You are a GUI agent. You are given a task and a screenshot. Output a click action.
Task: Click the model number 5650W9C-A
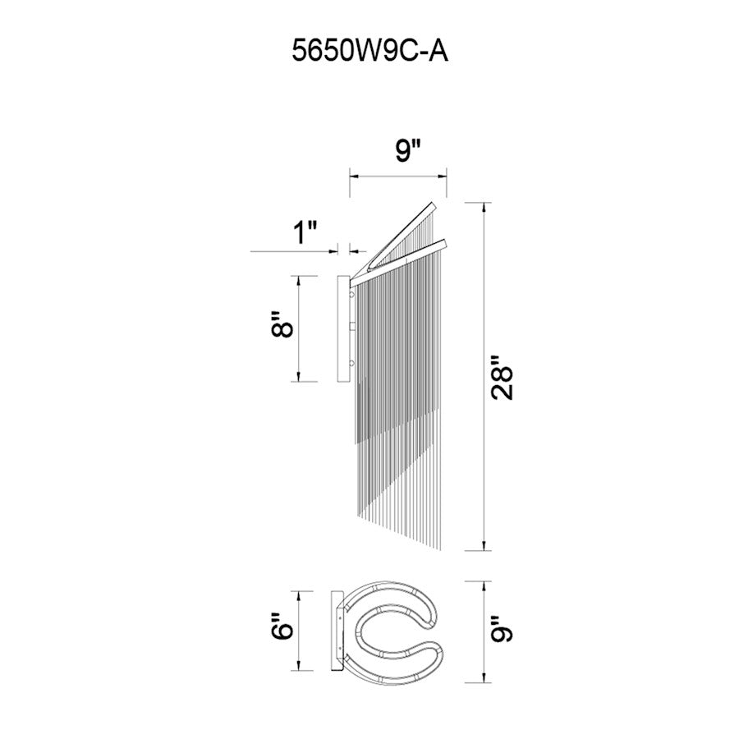(369, 53)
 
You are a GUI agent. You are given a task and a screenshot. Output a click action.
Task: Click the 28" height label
(501, 377)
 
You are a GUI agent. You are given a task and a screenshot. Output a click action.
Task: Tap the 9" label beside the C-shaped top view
(501, 631)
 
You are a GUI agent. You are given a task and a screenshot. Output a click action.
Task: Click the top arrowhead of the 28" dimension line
(483, 206)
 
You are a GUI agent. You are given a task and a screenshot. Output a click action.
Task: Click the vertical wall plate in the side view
(344, 328)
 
